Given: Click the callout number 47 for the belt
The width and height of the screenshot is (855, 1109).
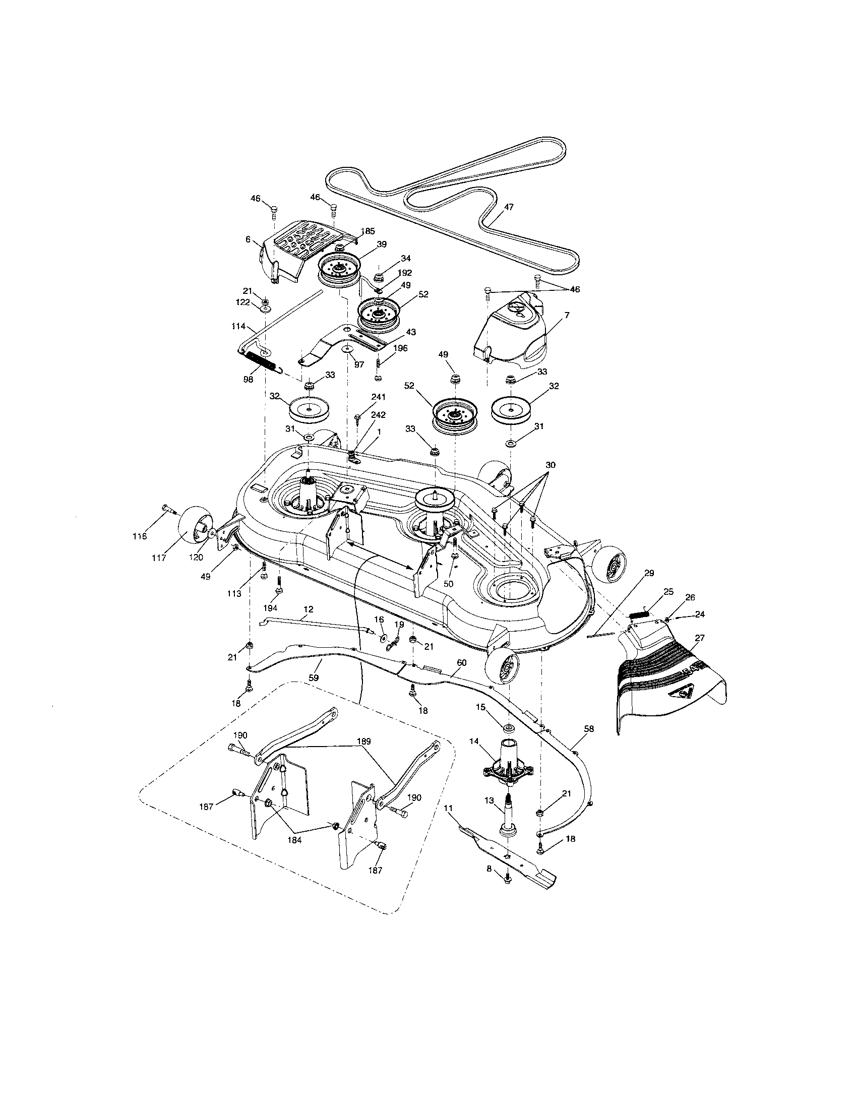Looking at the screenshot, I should pyautogui.click(x=509, y=207).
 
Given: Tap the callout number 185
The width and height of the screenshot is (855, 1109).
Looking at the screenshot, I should pyautogui.click(x=368, y=231).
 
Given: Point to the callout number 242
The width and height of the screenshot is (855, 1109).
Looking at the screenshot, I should pyautogui.click(x=378, y=415).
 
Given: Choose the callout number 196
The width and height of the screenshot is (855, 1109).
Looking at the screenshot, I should pyautogui.click(x=400, y=348).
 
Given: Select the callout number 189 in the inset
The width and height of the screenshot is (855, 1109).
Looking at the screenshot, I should pyautogui.click(x=364, y=742).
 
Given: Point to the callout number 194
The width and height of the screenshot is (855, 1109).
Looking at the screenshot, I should pyautogui.click(x=271, y=608).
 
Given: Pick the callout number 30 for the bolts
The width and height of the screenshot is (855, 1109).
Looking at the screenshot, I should pyautogui.click(x=551, y=465).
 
